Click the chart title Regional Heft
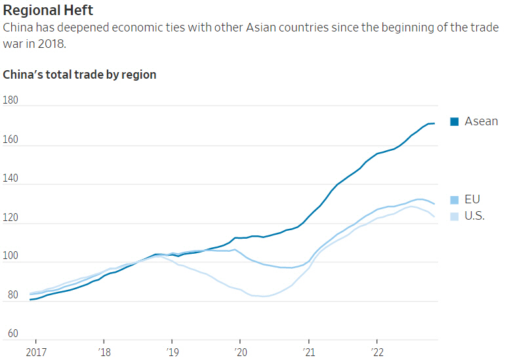tap(48, 10)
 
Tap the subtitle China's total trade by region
tap(79, 75)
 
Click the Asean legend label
tap(481, 121)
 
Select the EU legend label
tap(473, 199)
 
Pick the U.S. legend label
tap(475, 216)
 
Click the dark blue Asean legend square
tap(454, 121)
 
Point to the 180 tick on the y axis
tap(11, 100)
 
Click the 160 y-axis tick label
tap(11, 140)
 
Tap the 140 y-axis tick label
tap(11, 178)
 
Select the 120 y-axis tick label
tap(11, 218)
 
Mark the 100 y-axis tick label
tap(11, 256)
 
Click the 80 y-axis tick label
tap(11, 296)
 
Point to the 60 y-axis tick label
tap(11, 334)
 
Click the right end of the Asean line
tap(434, 123)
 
